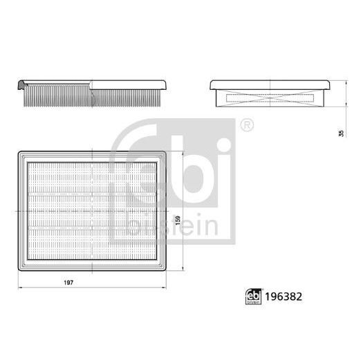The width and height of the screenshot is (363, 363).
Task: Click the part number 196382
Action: point(284,293)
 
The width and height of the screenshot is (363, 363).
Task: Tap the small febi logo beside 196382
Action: point(252,293)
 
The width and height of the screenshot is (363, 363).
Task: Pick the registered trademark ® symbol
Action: point(246,126)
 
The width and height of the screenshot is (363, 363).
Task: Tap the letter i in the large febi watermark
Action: point(222,159)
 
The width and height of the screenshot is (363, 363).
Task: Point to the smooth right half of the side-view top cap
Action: point(128,83)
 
